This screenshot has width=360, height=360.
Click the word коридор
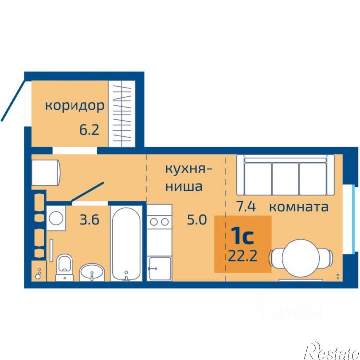coord(75,105)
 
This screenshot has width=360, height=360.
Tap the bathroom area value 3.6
coord(90,219)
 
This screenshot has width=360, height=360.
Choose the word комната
coord(299,206)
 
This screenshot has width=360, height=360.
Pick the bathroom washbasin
coord(92,272)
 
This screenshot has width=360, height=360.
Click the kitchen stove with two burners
coord(159,224)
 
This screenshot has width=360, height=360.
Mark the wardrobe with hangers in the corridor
coord(122,114)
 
